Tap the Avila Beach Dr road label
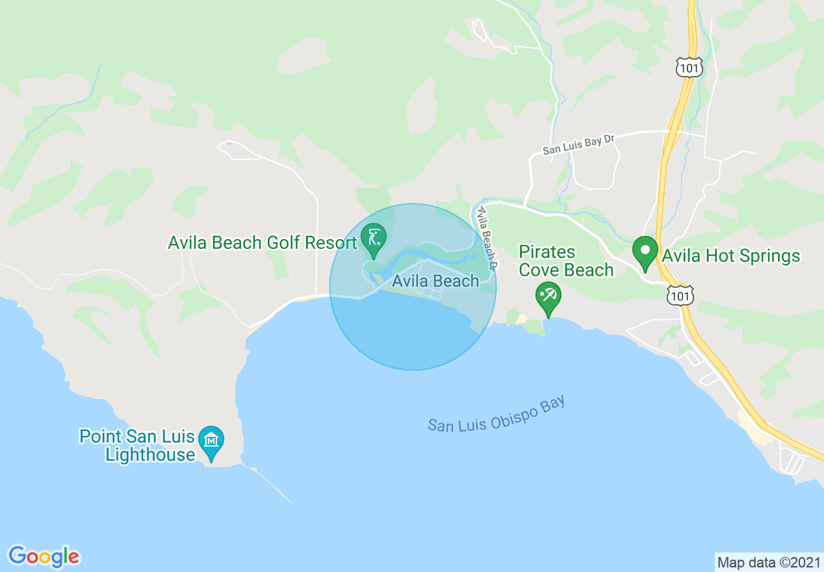tap(487, 238)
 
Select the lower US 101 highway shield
tap(680, 296)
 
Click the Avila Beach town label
tap(435, 281)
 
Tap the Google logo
tap(44, 556)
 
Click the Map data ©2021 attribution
tap(769, 562)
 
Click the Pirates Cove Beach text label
tap(566, 261)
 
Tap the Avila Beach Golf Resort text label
tap(263, 242)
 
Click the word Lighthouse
tap(150, 454)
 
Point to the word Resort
tap(329, 242)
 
